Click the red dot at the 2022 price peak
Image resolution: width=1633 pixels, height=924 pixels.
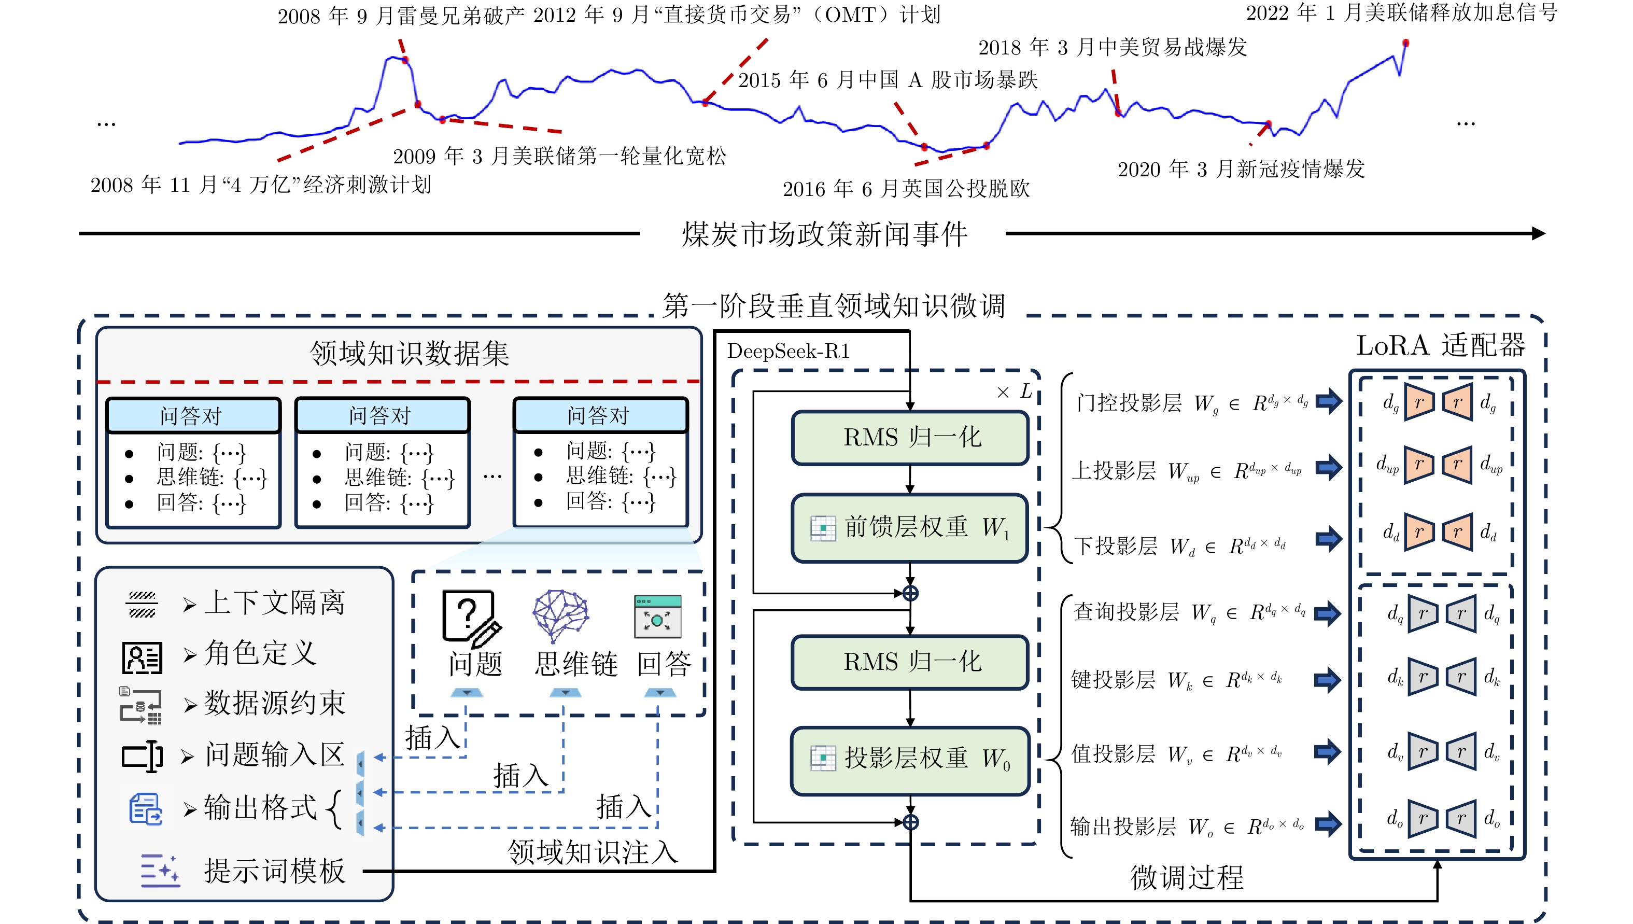click(1406, 43)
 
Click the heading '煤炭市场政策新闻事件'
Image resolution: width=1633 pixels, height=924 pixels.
click(824, 234)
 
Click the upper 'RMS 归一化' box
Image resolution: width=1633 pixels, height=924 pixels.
click(910, 437)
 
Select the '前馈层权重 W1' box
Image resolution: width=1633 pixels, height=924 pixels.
click(910, 527)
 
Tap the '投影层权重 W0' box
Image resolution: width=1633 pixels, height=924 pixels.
click(910, 759)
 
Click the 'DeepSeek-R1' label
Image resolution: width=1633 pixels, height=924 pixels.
click(788, 351)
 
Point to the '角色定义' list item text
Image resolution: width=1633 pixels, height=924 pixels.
click(260, 653)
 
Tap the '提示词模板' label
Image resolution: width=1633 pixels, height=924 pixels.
click(274, 871)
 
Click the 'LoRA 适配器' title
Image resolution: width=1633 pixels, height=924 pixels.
click(1440, 346)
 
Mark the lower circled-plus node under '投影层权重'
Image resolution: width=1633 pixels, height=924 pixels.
click(910, 822)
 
